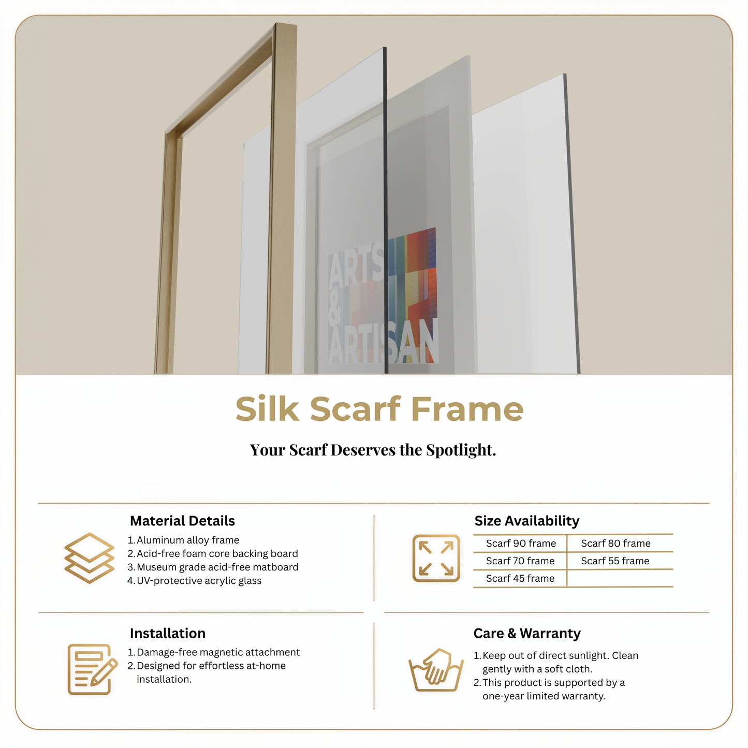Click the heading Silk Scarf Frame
point(379,409)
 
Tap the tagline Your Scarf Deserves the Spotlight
point(373,450)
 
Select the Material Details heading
point(182,521)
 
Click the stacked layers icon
point(89,558)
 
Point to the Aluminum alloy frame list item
point(187,540)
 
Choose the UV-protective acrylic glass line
point(199,581)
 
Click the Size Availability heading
point(526,521)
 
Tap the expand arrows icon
point(436,558)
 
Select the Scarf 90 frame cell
point(521,544)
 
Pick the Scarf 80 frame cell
point(615,544)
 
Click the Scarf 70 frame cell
point(520,561)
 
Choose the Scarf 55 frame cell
point(615,561)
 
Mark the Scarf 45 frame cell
point(520,579)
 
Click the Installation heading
point(167,634)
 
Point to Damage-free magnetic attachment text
point(218,652)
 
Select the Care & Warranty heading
point(526,634)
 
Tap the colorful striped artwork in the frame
point(414,274)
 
